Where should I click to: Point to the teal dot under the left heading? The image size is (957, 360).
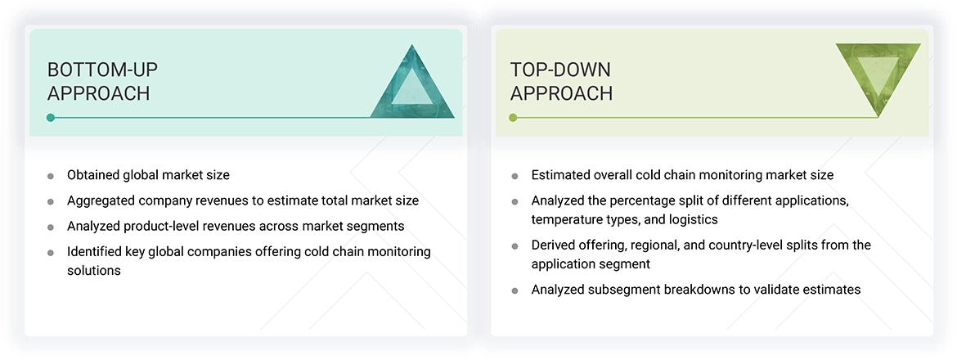coord(51,118)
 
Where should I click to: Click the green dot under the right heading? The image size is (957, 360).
coord(513,118)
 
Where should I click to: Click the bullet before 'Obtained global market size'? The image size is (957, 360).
coord(51,176)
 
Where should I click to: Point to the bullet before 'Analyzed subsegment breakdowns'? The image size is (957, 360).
coord(514,290)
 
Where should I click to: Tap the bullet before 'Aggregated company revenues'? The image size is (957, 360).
coord(51,201)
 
